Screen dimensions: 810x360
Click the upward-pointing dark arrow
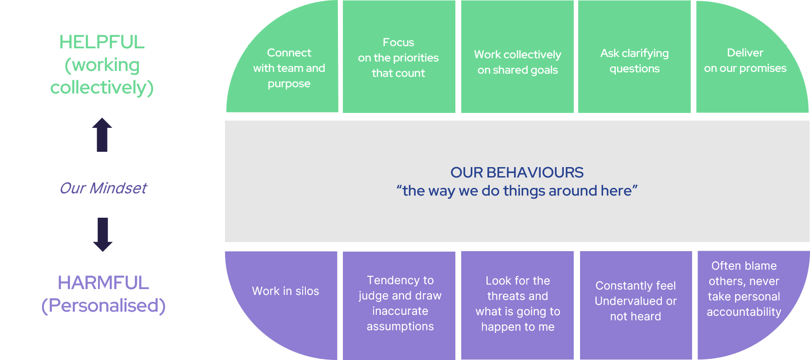click(x=102, y=135)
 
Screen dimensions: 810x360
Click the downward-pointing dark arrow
click(x=103, y=234)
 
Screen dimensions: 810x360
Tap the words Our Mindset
click(x=103, y=188)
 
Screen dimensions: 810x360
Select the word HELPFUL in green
click(x=102, y=42)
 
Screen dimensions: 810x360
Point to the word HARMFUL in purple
click(x=103, y=283)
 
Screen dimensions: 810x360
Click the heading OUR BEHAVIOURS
click(x=517, y=172)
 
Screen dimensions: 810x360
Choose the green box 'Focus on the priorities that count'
click(x=399, y=56)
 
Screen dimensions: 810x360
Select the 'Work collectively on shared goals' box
click(x=517, y=56)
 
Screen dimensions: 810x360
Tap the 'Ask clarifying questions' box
click(x=634, y=56)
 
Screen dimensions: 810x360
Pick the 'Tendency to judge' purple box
click(x=399, y=305)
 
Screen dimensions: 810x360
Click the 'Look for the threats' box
click(x=517, y=305)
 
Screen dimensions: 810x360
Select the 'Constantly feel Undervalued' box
click(x=636, y=305)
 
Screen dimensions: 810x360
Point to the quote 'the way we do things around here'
click(x=517, y=191)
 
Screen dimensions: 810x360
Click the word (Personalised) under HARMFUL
click(x=103, y=306)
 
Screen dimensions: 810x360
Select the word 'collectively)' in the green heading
click(x=102, y=88)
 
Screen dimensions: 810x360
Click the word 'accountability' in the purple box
click(x=744, y=312)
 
